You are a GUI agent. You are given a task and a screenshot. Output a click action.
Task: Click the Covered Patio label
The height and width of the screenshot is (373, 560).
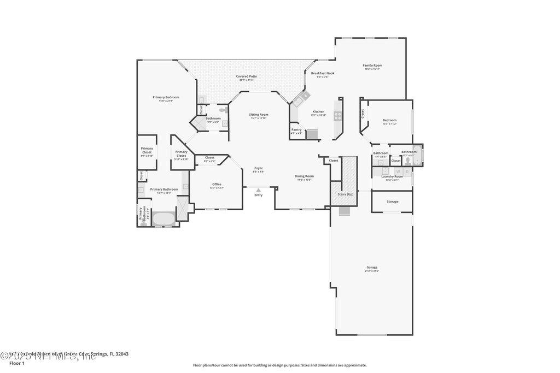[246, 76]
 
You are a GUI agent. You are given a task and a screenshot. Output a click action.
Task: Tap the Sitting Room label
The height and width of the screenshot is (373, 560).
[259, 114]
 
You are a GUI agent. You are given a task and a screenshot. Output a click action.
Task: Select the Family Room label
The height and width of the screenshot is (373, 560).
[372, 65]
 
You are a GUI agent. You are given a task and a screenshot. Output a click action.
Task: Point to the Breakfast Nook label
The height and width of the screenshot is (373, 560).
[323, 73]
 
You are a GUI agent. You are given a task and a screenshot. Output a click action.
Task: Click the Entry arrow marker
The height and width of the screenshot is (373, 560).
[259, 190]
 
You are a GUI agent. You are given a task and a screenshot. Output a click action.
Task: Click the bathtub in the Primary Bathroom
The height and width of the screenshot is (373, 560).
[163, 219]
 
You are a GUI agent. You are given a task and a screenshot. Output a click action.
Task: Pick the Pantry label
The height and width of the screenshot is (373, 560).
[296, 129]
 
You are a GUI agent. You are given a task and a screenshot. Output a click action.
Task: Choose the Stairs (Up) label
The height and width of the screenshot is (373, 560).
[346, 194]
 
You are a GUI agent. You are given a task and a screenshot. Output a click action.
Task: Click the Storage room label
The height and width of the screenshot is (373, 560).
[392, 202]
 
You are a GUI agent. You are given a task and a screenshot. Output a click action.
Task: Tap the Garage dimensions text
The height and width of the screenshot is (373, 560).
[372, 271]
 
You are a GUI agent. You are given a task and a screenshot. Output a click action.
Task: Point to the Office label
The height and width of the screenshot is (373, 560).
[217, 184]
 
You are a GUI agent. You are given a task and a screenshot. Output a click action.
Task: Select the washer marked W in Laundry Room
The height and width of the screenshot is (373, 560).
[398, 171]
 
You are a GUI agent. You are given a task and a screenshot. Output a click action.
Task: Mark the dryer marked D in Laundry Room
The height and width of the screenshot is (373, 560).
[407, 171]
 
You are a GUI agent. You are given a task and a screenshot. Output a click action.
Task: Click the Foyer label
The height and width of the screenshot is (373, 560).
[258, 168]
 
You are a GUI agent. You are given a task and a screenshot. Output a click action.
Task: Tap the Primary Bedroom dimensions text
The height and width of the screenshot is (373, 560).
[166, 100]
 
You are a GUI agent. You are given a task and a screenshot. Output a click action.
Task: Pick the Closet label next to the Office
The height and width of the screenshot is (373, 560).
[209, 157]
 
